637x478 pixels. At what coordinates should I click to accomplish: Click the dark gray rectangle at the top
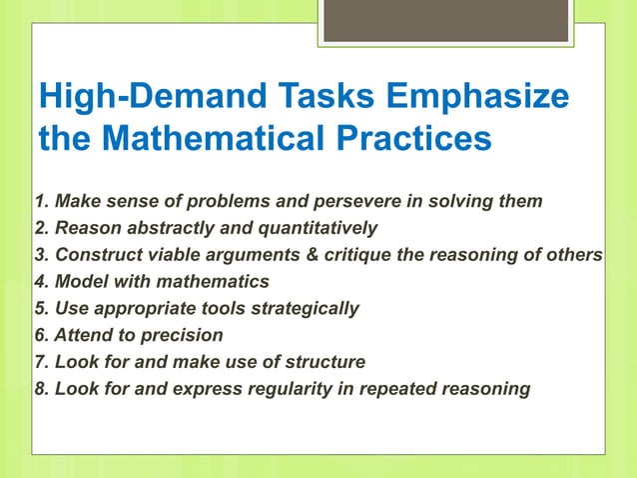[x=446, y=21]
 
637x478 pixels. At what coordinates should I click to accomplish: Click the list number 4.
[x=41, y=282]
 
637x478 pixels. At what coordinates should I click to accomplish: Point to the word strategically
[x=301, y=308]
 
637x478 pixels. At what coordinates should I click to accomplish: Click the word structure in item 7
[x=318, y=362]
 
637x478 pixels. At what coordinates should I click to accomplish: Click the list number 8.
[x=41, y=389]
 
